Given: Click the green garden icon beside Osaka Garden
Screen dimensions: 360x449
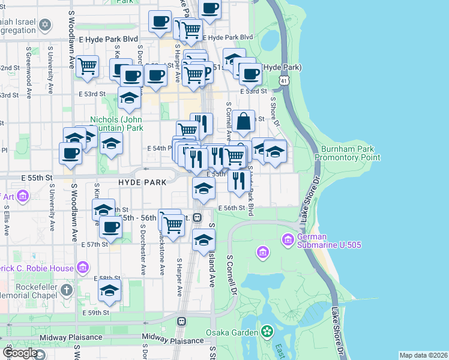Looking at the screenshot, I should click(266, 332).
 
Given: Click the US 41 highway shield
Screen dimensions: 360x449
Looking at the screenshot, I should click(283, 80).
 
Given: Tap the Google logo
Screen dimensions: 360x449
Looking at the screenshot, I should click(20, 353).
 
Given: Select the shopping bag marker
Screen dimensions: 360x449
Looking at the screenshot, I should click(244, 121).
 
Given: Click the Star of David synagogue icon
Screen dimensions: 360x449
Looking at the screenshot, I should click(45, 25).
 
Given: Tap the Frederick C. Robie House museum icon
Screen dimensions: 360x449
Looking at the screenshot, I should click(82, 266).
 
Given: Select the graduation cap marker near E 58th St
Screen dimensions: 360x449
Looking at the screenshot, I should click(109, 290).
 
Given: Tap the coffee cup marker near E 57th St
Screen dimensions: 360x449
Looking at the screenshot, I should click(111, 227).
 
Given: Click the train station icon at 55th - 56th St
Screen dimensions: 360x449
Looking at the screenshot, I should click(197, 217).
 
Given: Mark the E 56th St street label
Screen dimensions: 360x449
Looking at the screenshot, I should click(232, 208).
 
